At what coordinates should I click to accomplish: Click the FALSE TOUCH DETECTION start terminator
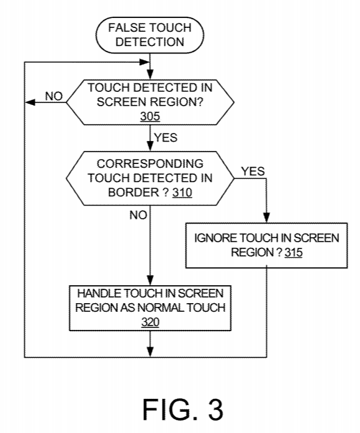[x=150, y=35]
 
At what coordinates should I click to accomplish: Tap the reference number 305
[x=150, y=116]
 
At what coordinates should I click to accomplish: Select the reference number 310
[x=182, y=193]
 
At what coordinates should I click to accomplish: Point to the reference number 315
[x=294, y=252]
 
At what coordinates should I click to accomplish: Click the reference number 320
[x=150, y=322]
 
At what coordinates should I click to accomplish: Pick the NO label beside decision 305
[x=54, y=96]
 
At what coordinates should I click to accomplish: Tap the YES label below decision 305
[x=166, y=137]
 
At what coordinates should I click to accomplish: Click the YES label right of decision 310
[x=253, y=171]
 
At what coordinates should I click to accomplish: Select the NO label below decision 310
[x=138, y=215]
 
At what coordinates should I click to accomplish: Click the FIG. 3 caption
[x=182, y=409]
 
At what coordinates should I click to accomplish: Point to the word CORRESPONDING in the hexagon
[x=150, y=164]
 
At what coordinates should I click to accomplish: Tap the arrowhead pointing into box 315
[x=266, y=217]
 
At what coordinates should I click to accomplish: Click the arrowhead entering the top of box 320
[x=150, y=280]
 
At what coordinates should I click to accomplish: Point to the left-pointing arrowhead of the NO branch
[x=30, y=103]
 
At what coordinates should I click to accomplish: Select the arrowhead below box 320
[x=150, y=352]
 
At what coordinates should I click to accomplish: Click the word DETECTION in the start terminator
[x=150, y=42]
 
